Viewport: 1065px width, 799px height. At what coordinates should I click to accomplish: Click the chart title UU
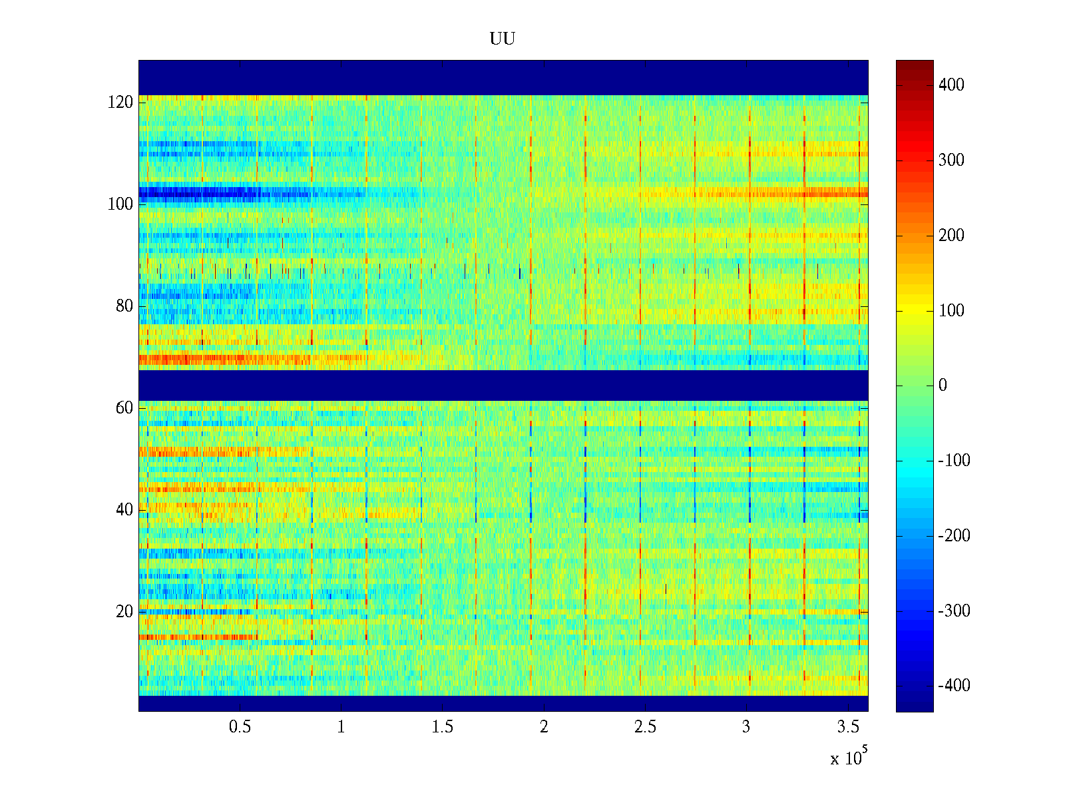[x=503, y=39]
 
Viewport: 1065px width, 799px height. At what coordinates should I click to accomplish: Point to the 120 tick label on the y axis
[x=120, y=103]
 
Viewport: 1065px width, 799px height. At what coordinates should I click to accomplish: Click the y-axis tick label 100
[x=120, y=204]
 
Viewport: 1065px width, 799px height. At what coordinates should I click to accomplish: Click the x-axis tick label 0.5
[x=240, y=727]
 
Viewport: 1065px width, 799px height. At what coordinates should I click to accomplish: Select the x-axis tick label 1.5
[x=443, y=727]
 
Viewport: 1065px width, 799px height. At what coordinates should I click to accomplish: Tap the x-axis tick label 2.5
[x=645, y=727]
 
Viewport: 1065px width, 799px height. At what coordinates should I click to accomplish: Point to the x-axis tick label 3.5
[x=847, y=727]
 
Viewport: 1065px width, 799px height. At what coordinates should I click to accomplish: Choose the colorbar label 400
[x=951, y=85]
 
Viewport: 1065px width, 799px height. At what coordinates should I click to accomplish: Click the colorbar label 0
[x=943, y=386]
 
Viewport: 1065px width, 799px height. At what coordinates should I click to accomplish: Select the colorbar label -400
[x=954, y=686]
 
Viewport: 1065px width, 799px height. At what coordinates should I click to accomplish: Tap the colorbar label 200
[x=951, y=236]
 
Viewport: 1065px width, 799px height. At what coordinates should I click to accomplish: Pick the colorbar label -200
[x=954, y=536]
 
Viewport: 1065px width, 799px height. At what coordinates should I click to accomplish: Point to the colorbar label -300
[x=954, y=611]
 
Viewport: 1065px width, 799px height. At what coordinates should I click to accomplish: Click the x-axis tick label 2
[x=544, y=727]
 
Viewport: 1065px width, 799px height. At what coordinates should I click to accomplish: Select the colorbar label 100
[x=951, y=311]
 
